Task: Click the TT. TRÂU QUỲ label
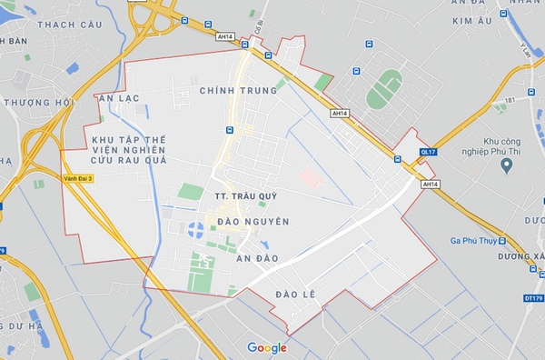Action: click(x=243, y=195)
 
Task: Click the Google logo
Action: click(x=266, y=347)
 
